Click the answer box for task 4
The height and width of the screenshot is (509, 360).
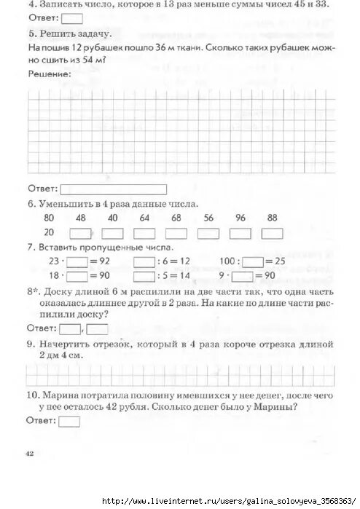click(x=72, y=19)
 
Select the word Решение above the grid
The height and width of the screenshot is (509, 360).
click(x=49, y=74)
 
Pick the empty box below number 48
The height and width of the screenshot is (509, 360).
click(x=80, y=233)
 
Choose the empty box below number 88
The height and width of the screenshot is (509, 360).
click(x=272, y=233)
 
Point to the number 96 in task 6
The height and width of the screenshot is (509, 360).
click(x=240, y=218)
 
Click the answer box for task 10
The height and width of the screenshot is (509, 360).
click(x=69, y=421)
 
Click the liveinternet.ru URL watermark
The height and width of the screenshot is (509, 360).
click(x=230, y=502)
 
